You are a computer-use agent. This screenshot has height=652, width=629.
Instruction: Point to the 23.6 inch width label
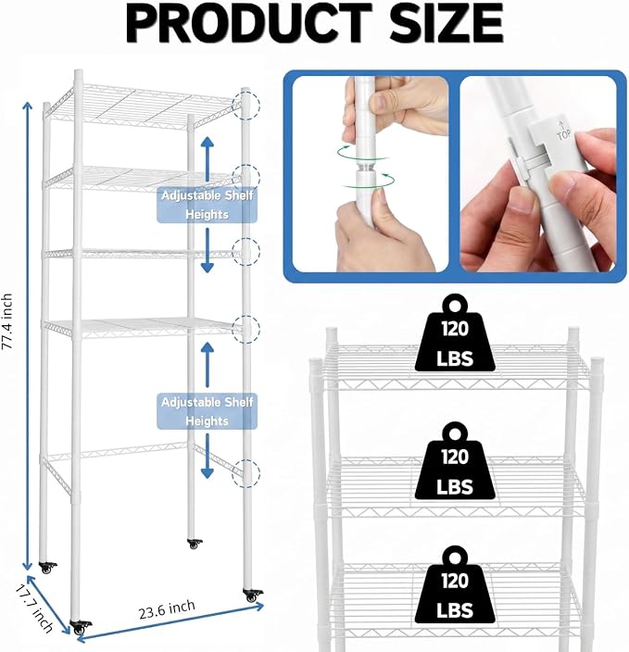167,609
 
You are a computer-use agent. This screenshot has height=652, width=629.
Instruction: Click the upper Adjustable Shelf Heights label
207,205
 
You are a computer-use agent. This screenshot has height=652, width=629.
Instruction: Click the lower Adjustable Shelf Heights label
207,411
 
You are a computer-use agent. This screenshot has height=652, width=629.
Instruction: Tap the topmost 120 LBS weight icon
455,333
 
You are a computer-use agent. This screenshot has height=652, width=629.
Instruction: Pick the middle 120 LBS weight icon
455,461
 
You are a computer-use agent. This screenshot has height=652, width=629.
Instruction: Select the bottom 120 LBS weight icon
455,584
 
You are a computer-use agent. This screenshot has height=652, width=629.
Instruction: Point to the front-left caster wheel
81,627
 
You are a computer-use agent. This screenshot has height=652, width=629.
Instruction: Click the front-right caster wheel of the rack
253,595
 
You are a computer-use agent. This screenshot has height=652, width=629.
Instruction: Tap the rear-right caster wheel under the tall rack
195,544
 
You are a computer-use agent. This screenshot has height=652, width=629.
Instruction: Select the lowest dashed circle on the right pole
246,473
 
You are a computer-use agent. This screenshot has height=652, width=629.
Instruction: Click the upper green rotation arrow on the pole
363,152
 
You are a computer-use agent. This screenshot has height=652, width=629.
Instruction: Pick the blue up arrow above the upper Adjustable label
208,158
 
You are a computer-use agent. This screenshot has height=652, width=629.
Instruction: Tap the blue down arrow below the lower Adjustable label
208,457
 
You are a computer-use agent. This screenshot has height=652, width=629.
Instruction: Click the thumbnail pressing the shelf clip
538,174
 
